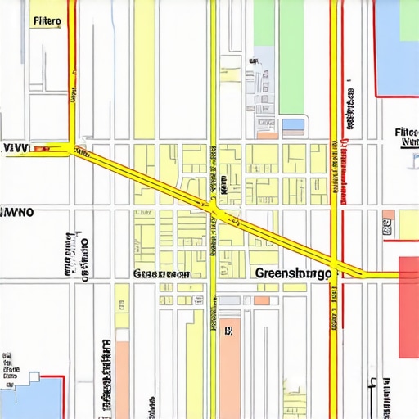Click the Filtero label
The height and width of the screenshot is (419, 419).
point(46,22)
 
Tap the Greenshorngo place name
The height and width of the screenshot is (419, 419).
point(294,273)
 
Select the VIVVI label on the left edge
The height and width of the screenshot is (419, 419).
point(16,149)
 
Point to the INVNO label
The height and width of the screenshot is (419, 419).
point(16,211)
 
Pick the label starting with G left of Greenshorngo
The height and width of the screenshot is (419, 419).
point(161,274)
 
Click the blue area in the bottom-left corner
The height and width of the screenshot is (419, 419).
point(29,397)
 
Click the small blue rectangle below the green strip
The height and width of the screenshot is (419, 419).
point(292,125)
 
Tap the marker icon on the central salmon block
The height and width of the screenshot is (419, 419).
point(228,331)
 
